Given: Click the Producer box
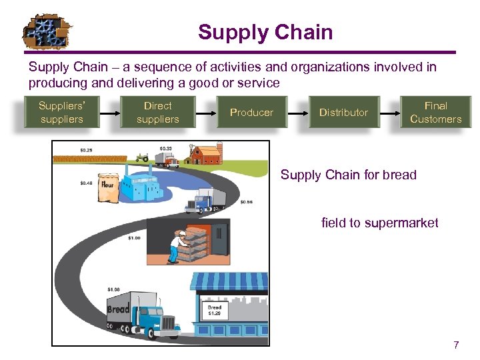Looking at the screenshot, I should [251, 112].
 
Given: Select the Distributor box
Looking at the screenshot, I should [343, 112].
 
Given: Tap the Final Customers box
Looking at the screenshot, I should [435, 112].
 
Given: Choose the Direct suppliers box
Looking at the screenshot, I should [157, 112].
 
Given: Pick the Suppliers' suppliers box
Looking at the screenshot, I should [61, 112].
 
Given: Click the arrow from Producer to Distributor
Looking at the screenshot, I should [297, 112].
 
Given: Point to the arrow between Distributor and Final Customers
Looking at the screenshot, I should [389, 112].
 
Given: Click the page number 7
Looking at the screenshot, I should [456, 345].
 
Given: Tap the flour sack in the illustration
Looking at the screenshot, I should [108, 187].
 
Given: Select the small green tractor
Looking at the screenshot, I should [141, 158].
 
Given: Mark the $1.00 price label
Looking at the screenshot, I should [134, 237].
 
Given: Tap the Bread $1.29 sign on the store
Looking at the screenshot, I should [215, 310].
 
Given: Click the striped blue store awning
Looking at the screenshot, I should [229, 281].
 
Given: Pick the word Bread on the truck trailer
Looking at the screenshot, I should [119, 309].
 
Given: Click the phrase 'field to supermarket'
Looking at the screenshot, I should [379, 223].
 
